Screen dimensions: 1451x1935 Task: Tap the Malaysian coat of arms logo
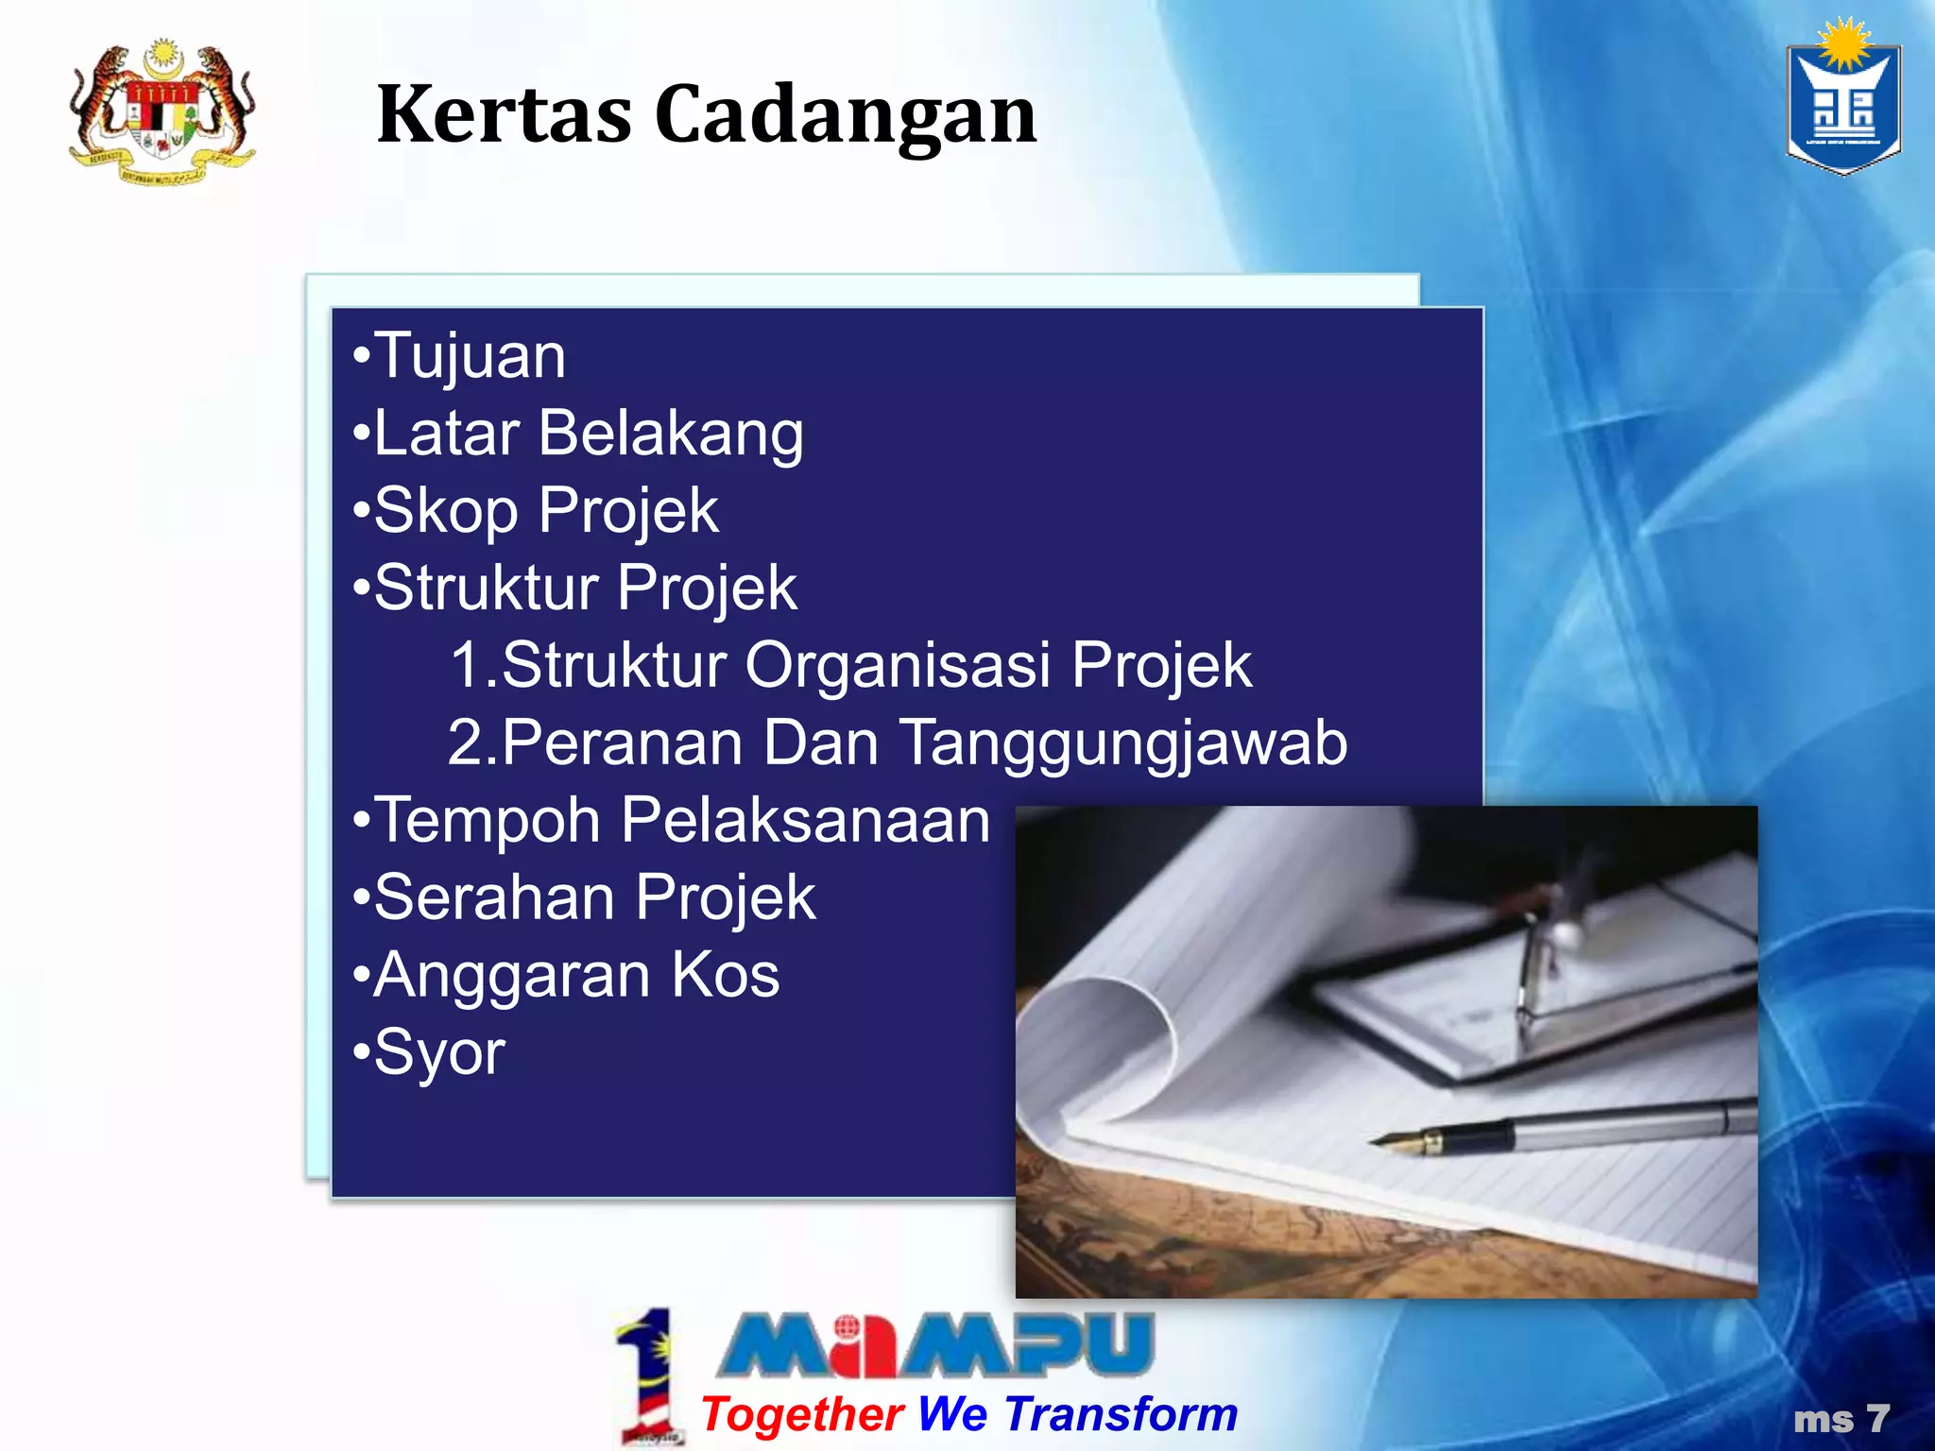click(x=162, y=111)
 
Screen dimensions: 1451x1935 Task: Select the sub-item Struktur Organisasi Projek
click(x=850, y=665)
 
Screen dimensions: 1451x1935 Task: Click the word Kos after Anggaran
click(x=725, y=975)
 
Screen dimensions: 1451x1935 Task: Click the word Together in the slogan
click(x=802, y=1415)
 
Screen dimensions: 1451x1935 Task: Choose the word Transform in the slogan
click(x=1121, y=1415)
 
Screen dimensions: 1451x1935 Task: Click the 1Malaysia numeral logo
click(x=646, y=1374)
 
